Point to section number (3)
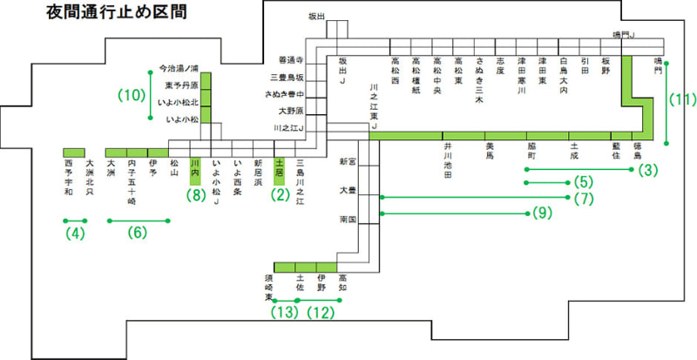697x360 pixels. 646,169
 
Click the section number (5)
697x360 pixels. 584,183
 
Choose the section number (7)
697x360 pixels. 584,199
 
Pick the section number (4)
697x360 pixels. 76,234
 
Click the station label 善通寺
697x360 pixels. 289,60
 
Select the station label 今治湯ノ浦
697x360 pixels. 179,67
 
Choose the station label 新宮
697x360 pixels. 348,162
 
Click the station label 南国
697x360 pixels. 348,220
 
